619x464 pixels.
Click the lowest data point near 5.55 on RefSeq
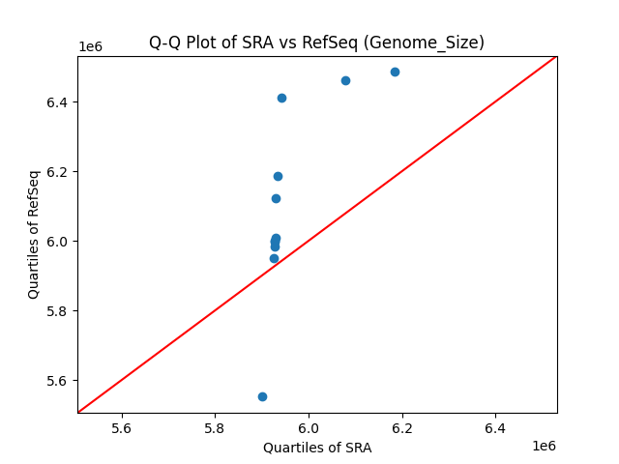point(262,396)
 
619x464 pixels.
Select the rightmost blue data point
point(395,72)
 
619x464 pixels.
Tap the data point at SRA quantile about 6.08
point(345,80)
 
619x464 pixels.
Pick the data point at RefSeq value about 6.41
point(281,98)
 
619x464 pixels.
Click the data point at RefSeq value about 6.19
point(278,176)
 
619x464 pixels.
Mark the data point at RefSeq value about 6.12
point(276,198)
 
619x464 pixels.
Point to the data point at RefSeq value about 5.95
point(274,258)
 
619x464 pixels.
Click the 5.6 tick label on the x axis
point(122,427)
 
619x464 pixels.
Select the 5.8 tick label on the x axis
point(215,427)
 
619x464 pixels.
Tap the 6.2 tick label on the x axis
point(401,427)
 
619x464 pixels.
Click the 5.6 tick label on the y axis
point(58,381)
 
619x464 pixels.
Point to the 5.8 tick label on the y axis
point(58,311)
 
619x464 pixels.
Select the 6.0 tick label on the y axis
point(58,242)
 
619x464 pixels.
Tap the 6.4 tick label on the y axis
point(58,102)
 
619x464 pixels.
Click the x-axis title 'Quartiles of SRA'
point(317,448)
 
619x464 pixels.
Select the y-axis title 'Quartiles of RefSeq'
point(34,234)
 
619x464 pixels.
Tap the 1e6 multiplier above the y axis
point(91,47)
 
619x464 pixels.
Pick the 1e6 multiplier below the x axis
point(544,446)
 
